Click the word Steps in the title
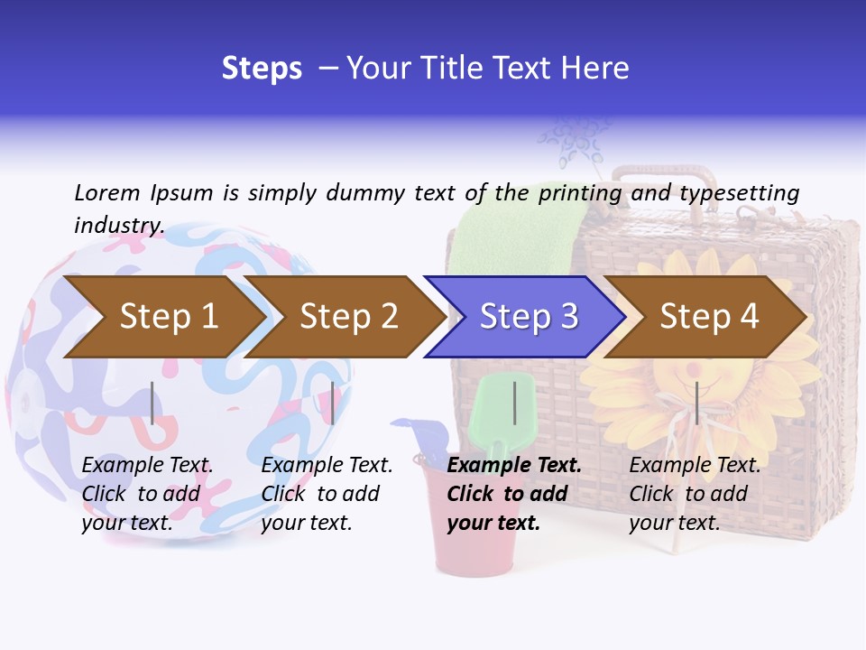pos(262,68)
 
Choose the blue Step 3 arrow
pos(528,316)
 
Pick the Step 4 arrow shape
pos(708,316)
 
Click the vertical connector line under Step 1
pos(152,403)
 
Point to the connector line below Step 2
pos(333,403)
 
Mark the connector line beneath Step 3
pos(515,403)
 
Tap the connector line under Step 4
pos(696,403)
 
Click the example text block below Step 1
pos(147,494)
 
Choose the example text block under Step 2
pos(327,494)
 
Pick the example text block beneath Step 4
pos(695,494)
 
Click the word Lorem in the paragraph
pos(107,192)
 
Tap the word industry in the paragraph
pos(118,225)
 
